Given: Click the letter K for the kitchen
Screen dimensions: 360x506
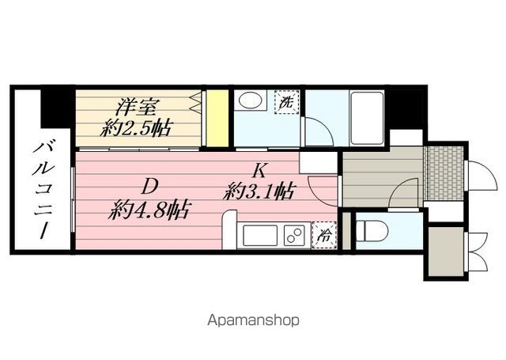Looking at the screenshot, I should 259,169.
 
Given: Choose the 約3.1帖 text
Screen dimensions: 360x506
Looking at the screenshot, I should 260,191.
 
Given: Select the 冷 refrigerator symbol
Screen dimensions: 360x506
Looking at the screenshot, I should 324,234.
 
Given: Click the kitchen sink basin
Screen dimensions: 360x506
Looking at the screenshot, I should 259,236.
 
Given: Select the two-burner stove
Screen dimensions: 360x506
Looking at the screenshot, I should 294,236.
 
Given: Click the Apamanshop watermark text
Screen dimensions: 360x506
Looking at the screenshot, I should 252,321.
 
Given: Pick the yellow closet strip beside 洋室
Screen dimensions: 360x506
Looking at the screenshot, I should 212,119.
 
